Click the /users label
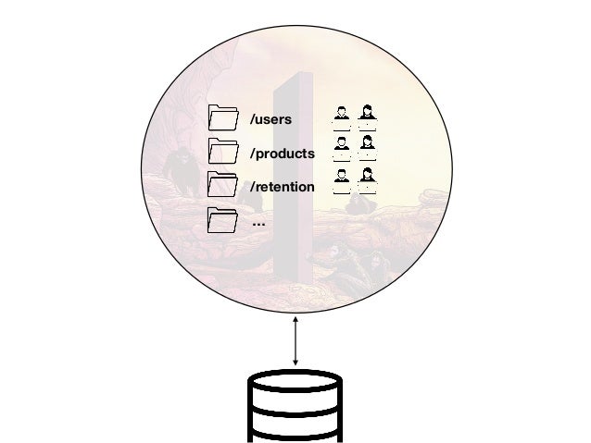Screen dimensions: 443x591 click(270, 119)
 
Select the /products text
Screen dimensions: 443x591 click(283, 153)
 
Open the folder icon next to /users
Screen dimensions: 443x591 click(223, 117)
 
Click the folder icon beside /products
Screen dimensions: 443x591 click(223, 151)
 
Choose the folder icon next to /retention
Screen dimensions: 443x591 click(223, 185)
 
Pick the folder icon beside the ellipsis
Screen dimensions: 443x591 click(223, 219)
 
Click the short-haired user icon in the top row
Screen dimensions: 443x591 click(342, 114)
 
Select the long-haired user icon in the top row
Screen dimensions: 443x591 click(368, 114)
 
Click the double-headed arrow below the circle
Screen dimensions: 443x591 click(295, 340)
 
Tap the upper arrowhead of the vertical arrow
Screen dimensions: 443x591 click(295, 319)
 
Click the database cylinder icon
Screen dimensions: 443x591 click(295, 407)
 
